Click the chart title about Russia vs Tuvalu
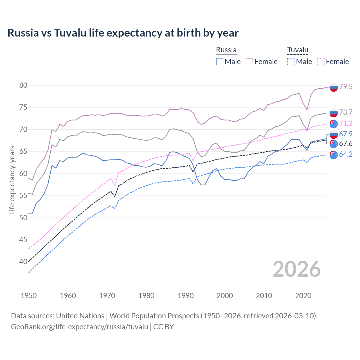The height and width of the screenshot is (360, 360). [x=123, y=33]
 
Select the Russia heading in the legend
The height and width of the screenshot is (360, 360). [x=226, y=50]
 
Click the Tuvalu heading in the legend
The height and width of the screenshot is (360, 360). [x=298, y=50]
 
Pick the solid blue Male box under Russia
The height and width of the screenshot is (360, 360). [x=220, y=62]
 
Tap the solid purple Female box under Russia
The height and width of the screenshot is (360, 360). [x=249, y=62]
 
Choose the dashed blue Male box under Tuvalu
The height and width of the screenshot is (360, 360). [x=291, y=62]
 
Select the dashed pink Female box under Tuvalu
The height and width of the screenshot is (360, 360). [x=321, y=62]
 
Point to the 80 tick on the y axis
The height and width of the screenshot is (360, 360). [x=23, y=85]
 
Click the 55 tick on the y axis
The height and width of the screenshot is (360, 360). [x=23, y=195]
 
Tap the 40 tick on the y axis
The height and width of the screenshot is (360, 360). [x=23, y=262]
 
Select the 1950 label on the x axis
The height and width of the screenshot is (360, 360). [x=29, y=296]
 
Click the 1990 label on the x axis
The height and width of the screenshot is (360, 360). [x=186, y=296]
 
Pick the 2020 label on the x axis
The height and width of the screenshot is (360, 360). [x=303, y=296]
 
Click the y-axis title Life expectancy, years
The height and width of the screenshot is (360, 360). [x=12, y=180]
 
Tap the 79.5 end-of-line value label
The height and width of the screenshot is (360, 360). [x=346, y=87]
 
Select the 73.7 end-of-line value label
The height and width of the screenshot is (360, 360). [x=346, y=112]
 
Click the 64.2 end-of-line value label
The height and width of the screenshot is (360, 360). [x=346, y=154]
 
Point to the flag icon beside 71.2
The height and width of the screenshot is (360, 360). [x=334, y=124]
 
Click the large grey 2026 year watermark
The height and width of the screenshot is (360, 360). [x=297, y=269]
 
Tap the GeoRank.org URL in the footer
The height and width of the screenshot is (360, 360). [x=79, y=327]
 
